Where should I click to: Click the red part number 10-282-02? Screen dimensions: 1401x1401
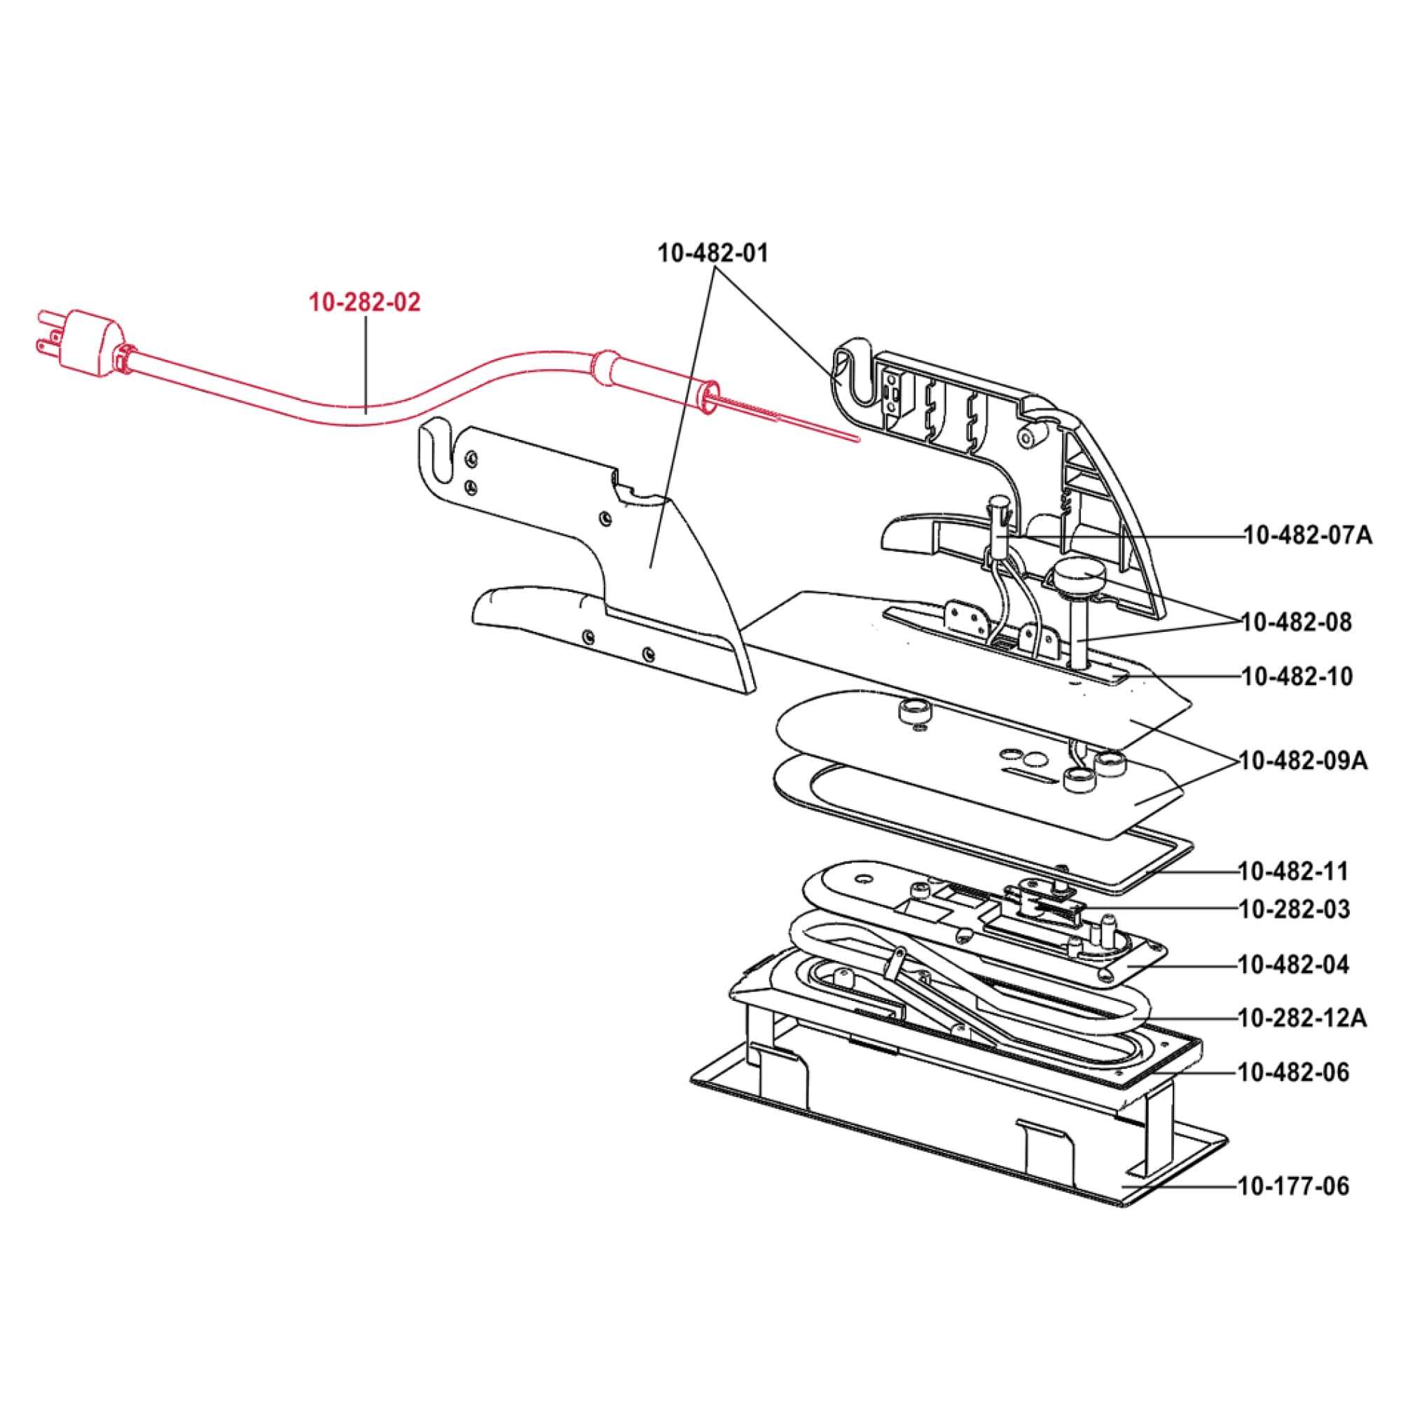[x=365, y=302]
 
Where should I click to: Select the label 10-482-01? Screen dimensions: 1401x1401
[x=712, y=253]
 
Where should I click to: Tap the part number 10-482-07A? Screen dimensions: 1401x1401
[x=1307, y=536]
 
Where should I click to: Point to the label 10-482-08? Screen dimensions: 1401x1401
[x=1297, y=621]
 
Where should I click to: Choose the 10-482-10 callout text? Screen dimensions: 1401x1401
[x=1297, y=676]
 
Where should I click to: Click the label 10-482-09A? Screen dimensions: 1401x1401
[x=1303, y=761]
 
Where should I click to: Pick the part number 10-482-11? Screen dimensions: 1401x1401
[x=1294, y=871]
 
